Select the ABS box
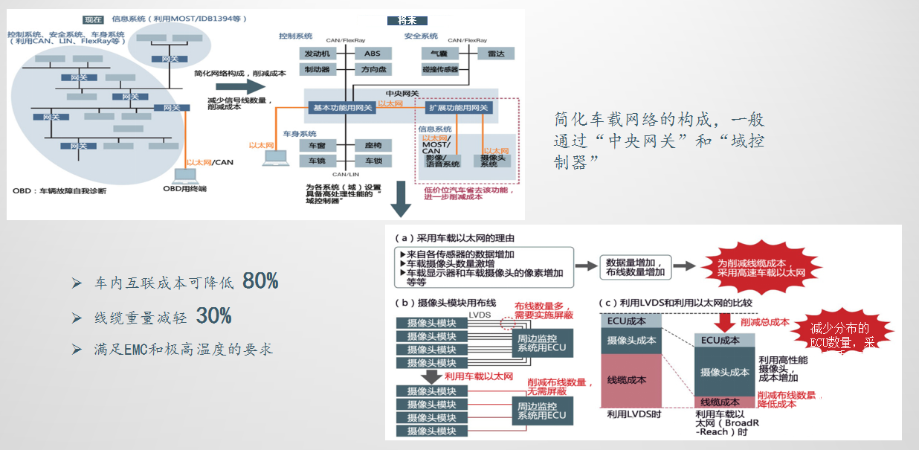coord(372,54)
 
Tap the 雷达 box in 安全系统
coord(496,54)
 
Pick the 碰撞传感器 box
coord(439,70)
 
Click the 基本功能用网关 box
coord(342,108)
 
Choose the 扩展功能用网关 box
coord(458,108)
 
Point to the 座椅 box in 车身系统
coord(372,145)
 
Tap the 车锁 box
coord(372,161)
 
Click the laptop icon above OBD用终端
coord(184,176)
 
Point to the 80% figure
coord(260,282)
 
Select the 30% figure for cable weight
coord(214,316)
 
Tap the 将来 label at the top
coord(407,21)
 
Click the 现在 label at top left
coord(94,18)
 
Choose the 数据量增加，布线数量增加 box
coord(638,268)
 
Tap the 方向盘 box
coord(372,70)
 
